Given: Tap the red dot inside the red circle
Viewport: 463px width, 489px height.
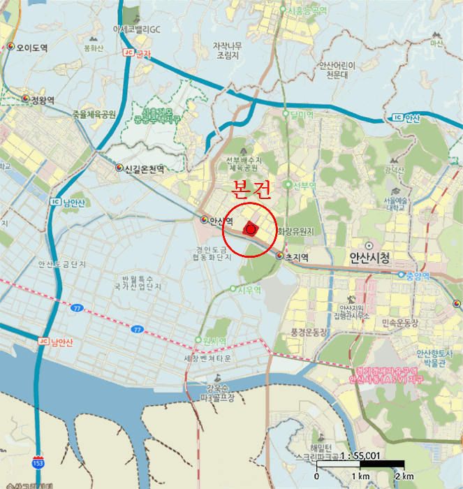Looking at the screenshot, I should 251,229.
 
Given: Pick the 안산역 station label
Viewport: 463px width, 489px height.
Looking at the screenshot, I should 217,220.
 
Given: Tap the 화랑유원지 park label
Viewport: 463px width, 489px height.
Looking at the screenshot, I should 295,231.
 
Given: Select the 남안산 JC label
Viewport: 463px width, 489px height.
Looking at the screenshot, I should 57,342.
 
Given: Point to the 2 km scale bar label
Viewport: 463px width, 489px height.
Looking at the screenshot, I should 404,476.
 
